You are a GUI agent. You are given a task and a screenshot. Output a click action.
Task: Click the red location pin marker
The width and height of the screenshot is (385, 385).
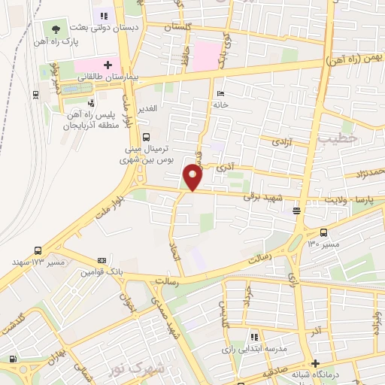coord(192,177)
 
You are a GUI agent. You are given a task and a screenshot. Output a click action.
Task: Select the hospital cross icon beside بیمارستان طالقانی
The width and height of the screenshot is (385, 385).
coord(108,65)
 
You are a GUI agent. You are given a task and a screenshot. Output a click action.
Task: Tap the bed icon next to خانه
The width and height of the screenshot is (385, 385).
coord(220,94)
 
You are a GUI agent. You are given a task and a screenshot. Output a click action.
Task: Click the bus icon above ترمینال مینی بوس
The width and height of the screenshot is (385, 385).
coord(145,137)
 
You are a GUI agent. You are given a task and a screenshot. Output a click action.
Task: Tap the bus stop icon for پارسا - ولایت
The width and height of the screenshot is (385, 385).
coord(297,211)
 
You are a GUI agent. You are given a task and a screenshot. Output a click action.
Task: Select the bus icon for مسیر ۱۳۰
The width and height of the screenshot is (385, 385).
coord(323,232)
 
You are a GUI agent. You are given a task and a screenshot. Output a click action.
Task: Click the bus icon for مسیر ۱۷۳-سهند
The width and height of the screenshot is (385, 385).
coord(38,250)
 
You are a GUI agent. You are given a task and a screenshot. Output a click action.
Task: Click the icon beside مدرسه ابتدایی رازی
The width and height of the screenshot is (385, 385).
coord(254,336)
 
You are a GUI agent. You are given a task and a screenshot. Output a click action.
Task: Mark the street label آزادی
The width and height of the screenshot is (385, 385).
coord(281,141)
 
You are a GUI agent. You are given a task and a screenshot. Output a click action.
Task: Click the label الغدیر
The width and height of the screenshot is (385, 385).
coord(147,108)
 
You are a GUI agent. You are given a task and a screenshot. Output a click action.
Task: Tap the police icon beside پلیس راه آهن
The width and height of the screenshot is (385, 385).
coord(91,103)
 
